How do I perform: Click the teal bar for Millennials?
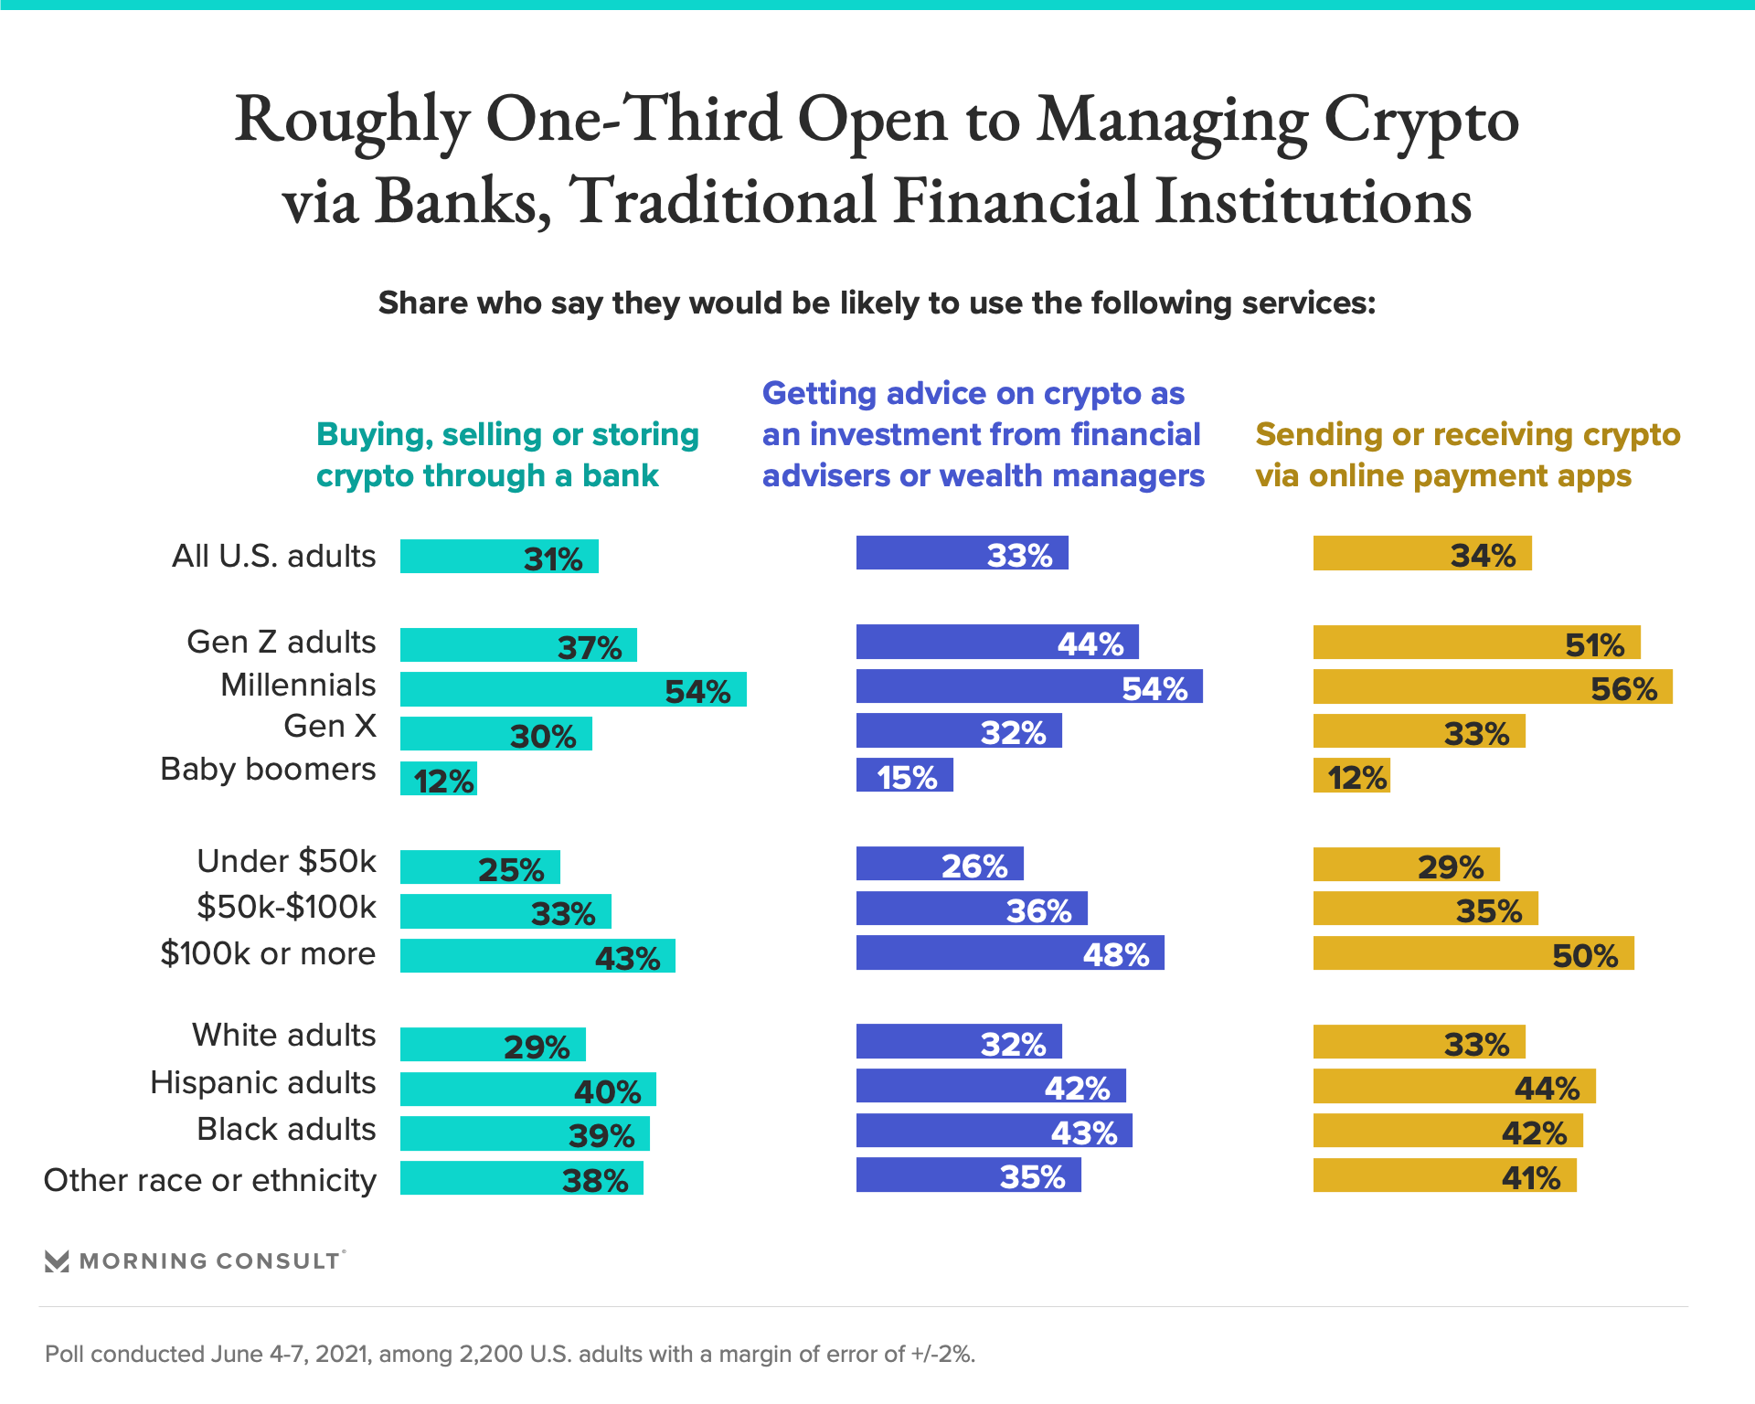click(573, 689)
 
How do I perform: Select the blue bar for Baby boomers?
click(904, 775)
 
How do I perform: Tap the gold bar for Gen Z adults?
click(1476, 643)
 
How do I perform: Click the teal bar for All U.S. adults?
click(499, 557)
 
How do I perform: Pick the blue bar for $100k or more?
click(1010, 952)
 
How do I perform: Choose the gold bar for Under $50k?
click(1406, 865)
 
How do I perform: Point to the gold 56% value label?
click(1623, 688)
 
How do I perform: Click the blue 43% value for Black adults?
click(1084, 1133)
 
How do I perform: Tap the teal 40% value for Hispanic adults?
click(607, 1091)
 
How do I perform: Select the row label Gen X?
click(330, 727)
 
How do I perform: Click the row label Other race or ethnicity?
click(210, 1180)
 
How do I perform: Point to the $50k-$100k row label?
click(286, 907)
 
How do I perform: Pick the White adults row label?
click(283, 1035)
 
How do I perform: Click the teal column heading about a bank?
click(507, 455)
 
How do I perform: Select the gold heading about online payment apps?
click(1467, 455)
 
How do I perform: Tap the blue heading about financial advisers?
click(983, 435)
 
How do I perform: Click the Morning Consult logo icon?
click(57, 1261)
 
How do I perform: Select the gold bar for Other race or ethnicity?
click(1444, 1175)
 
